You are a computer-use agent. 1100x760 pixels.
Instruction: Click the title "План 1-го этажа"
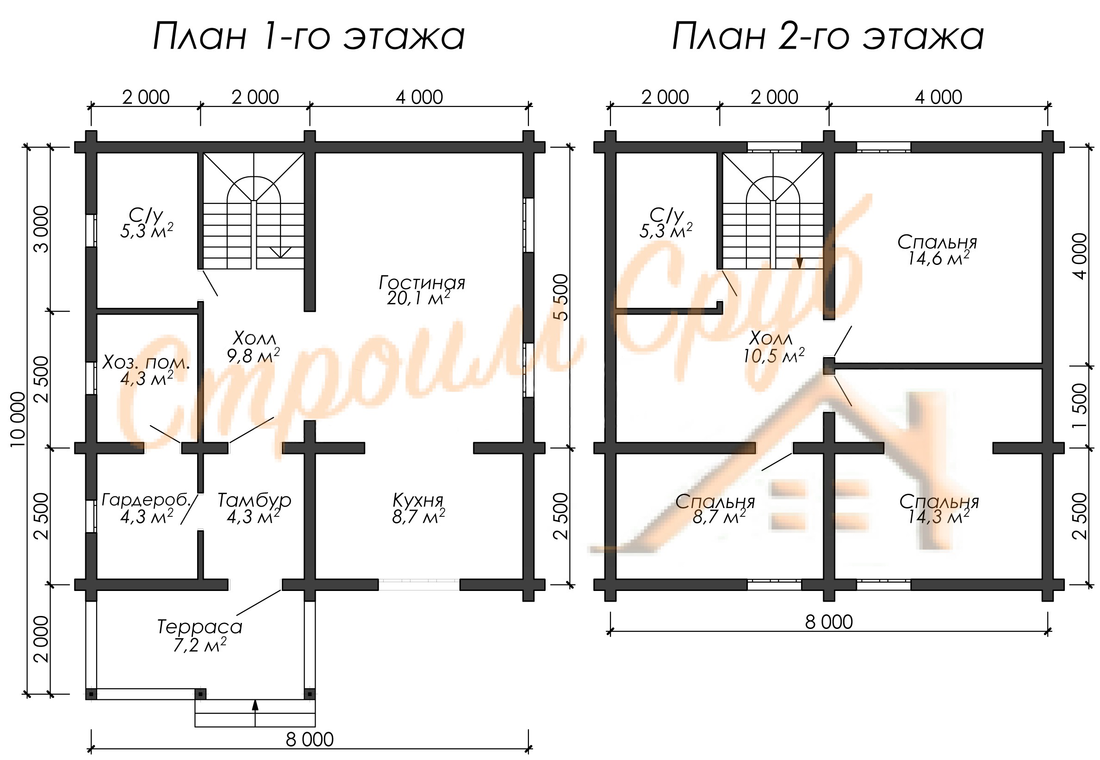[x=308, y=37]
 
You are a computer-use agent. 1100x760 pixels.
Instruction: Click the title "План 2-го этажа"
[x=827, y=37]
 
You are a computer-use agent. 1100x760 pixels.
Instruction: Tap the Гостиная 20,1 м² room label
[x=421, y=290]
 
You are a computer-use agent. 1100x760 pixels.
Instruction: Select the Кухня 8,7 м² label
[x=418, y=508]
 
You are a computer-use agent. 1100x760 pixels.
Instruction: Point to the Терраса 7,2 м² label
[x=200, y=635]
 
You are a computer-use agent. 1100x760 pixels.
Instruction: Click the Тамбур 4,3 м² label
[x=254, y=508]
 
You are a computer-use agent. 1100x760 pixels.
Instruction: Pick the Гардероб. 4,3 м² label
[x=147, y=508]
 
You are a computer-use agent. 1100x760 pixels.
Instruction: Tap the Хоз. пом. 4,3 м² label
[x=147, y=371]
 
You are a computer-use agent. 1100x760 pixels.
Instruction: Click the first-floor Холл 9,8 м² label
[x=253, y=347]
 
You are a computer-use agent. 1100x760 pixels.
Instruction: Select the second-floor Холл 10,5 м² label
[x=774, y=347]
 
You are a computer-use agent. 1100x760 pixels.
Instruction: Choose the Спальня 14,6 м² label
[x=937, y=250]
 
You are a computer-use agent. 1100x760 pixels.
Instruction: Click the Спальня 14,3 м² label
[x=939, y=509]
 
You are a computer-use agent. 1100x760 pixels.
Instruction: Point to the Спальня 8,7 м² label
[x=715, y=509]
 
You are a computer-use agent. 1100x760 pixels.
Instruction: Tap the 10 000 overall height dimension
[x=18, y=419]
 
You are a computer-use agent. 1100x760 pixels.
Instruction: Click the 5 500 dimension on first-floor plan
[x=561, y=297]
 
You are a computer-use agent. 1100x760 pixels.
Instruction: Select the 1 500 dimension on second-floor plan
[x=1080, y=406]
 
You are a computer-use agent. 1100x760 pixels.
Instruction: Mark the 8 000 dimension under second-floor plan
[x=829, y=622]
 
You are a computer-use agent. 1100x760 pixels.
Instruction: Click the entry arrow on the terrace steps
[x=255, y=712]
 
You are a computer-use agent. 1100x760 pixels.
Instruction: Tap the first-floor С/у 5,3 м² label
[x=147, y=222]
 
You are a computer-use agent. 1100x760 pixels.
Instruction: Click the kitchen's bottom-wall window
[x=419, y=584]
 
